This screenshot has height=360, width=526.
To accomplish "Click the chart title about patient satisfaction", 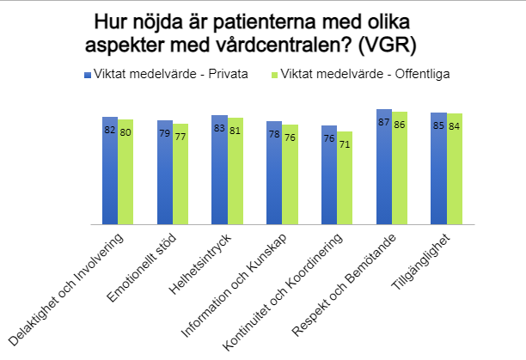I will (x=262, y=32).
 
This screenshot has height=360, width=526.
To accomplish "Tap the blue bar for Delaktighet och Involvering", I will (x=109, y=172).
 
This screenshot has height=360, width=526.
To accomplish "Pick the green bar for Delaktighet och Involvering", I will (x=125, y=174).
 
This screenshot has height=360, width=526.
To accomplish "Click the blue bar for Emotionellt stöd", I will (x=164, y=174).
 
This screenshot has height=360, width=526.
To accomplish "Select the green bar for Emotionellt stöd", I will (x=180, y=175).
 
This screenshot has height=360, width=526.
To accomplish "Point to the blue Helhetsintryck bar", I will (x=219, y=171).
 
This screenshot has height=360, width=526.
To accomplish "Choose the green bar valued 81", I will (x=235, y=173).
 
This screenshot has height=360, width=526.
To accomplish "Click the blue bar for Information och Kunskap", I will (x=274, y=174).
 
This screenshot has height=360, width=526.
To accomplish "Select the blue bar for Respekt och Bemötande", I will (x=383, y=168).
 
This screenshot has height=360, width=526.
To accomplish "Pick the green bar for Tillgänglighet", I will (x=455, y=170).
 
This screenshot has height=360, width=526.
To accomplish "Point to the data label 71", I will (x=345, y=145).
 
